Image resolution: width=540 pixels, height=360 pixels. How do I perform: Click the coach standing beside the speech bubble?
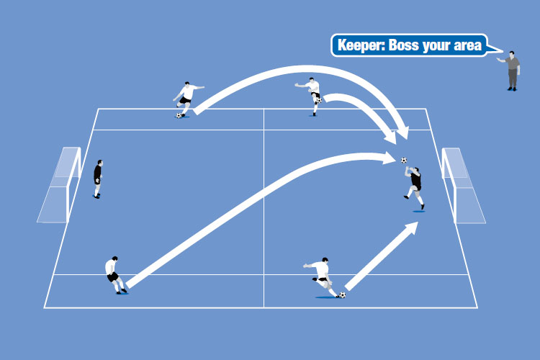click(512, 71)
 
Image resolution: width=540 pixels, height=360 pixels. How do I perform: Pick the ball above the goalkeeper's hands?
click(404, 160)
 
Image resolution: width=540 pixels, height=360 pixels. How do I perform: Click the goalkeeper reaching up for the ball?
click(414, 184)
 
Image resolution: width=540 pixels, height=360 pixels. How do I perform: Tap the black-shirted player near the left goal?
click(98, 178)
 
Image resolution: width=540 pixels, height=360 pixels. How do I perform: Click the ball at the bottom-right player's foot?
click(342, 294)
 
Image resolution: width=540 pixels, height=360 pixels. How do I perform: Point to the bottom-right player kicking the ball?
click(321, 276)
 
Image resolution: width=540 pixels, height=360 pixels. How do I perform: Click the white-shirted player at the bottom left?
click(114, 274)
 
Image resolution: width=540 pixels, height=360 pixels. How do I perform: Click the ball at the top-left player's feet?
click(178, 114)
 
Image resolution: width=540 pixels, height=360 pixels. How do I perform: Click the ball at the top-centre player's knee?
click(318, 101)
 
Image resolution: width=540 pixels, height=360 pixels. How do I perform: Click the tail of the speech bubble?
click(494, 52)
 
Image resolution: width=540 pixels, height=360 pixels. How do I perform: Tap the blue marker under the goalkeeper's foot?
click(419, 211)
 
